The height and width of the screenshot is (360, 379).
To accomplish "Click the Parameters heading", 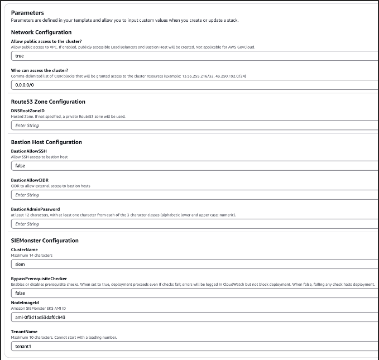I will point(27,12).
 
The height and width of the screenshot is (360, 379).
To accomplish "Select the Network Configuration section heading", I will point(41,32).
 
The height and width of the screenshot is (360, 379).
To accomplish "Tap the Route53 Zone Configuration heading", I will point(48,102).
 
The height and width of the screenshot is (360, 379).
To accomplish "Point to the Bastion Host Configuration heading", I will point(46,142).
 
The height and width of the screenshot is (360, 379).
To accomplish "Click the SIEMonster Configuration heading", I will point(45,241).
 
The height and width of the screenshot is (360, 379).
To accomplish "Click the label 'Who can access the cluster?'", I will point(40,70).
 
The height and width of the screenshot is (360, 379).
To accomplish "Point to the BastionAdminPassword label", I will point(35,209).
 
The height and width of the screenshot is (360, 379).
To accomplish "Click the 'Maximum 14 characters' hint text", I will point(31,255).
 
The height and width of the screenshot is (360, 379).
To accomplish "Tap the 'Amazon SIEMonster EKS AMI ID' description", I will point(39,308).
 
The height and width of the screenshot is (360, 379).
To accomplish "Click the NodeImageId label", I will point(26,303).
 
